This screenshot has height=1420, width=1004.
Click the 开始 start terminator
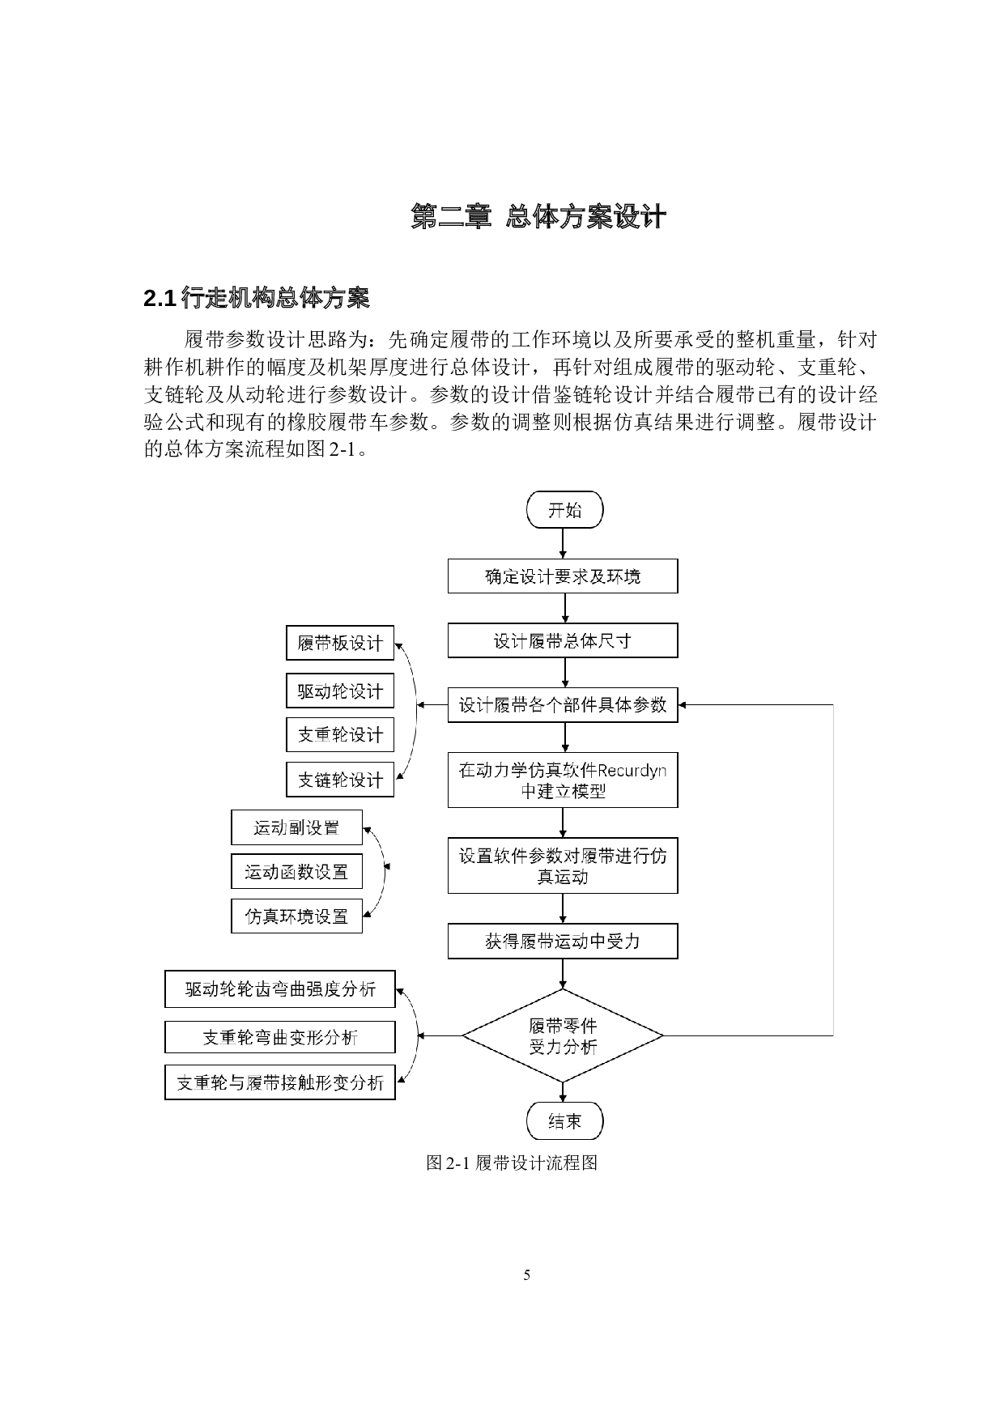[564, 511]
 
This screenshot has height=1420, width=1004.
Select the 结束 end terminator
[564, 1121]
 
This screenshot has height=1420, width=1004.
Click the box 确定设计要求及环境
[563, 576]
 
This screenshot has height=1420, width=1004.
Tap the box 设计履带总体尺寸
[563, 641]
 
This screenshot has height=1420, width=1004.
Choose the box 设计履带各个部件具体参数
[563, 705]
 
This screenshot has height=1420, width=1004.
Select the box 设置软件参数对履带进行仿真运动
[563, 865]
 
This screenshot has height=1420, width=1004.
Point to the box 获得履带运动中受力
[563, 942]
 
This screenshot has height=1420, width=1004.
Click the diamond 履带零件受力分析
[563, 1035]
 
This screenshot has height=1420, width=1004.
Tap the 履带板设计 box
[340, 644]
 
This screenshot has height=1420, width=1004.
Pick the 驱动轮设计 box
[340, 691]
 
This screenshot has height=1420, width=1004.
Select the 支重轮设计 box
[340, 735]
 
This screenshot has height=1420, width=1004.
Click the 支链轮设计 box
[340, 780]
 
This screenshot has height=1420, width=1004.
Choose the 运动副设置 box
[296, 827]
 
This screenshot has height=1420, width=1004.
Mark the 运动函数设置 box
[296, 872]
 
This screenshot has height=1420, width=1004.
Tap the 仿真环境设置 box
[296, 916]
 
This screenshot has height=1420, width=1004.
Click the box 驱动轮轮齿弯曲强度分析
[280, 989]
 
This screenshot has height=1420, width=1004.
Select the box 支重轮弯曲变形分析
[280, 1037]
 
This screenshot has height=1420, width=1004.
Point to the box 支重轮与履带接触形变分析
[280, 1082]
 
